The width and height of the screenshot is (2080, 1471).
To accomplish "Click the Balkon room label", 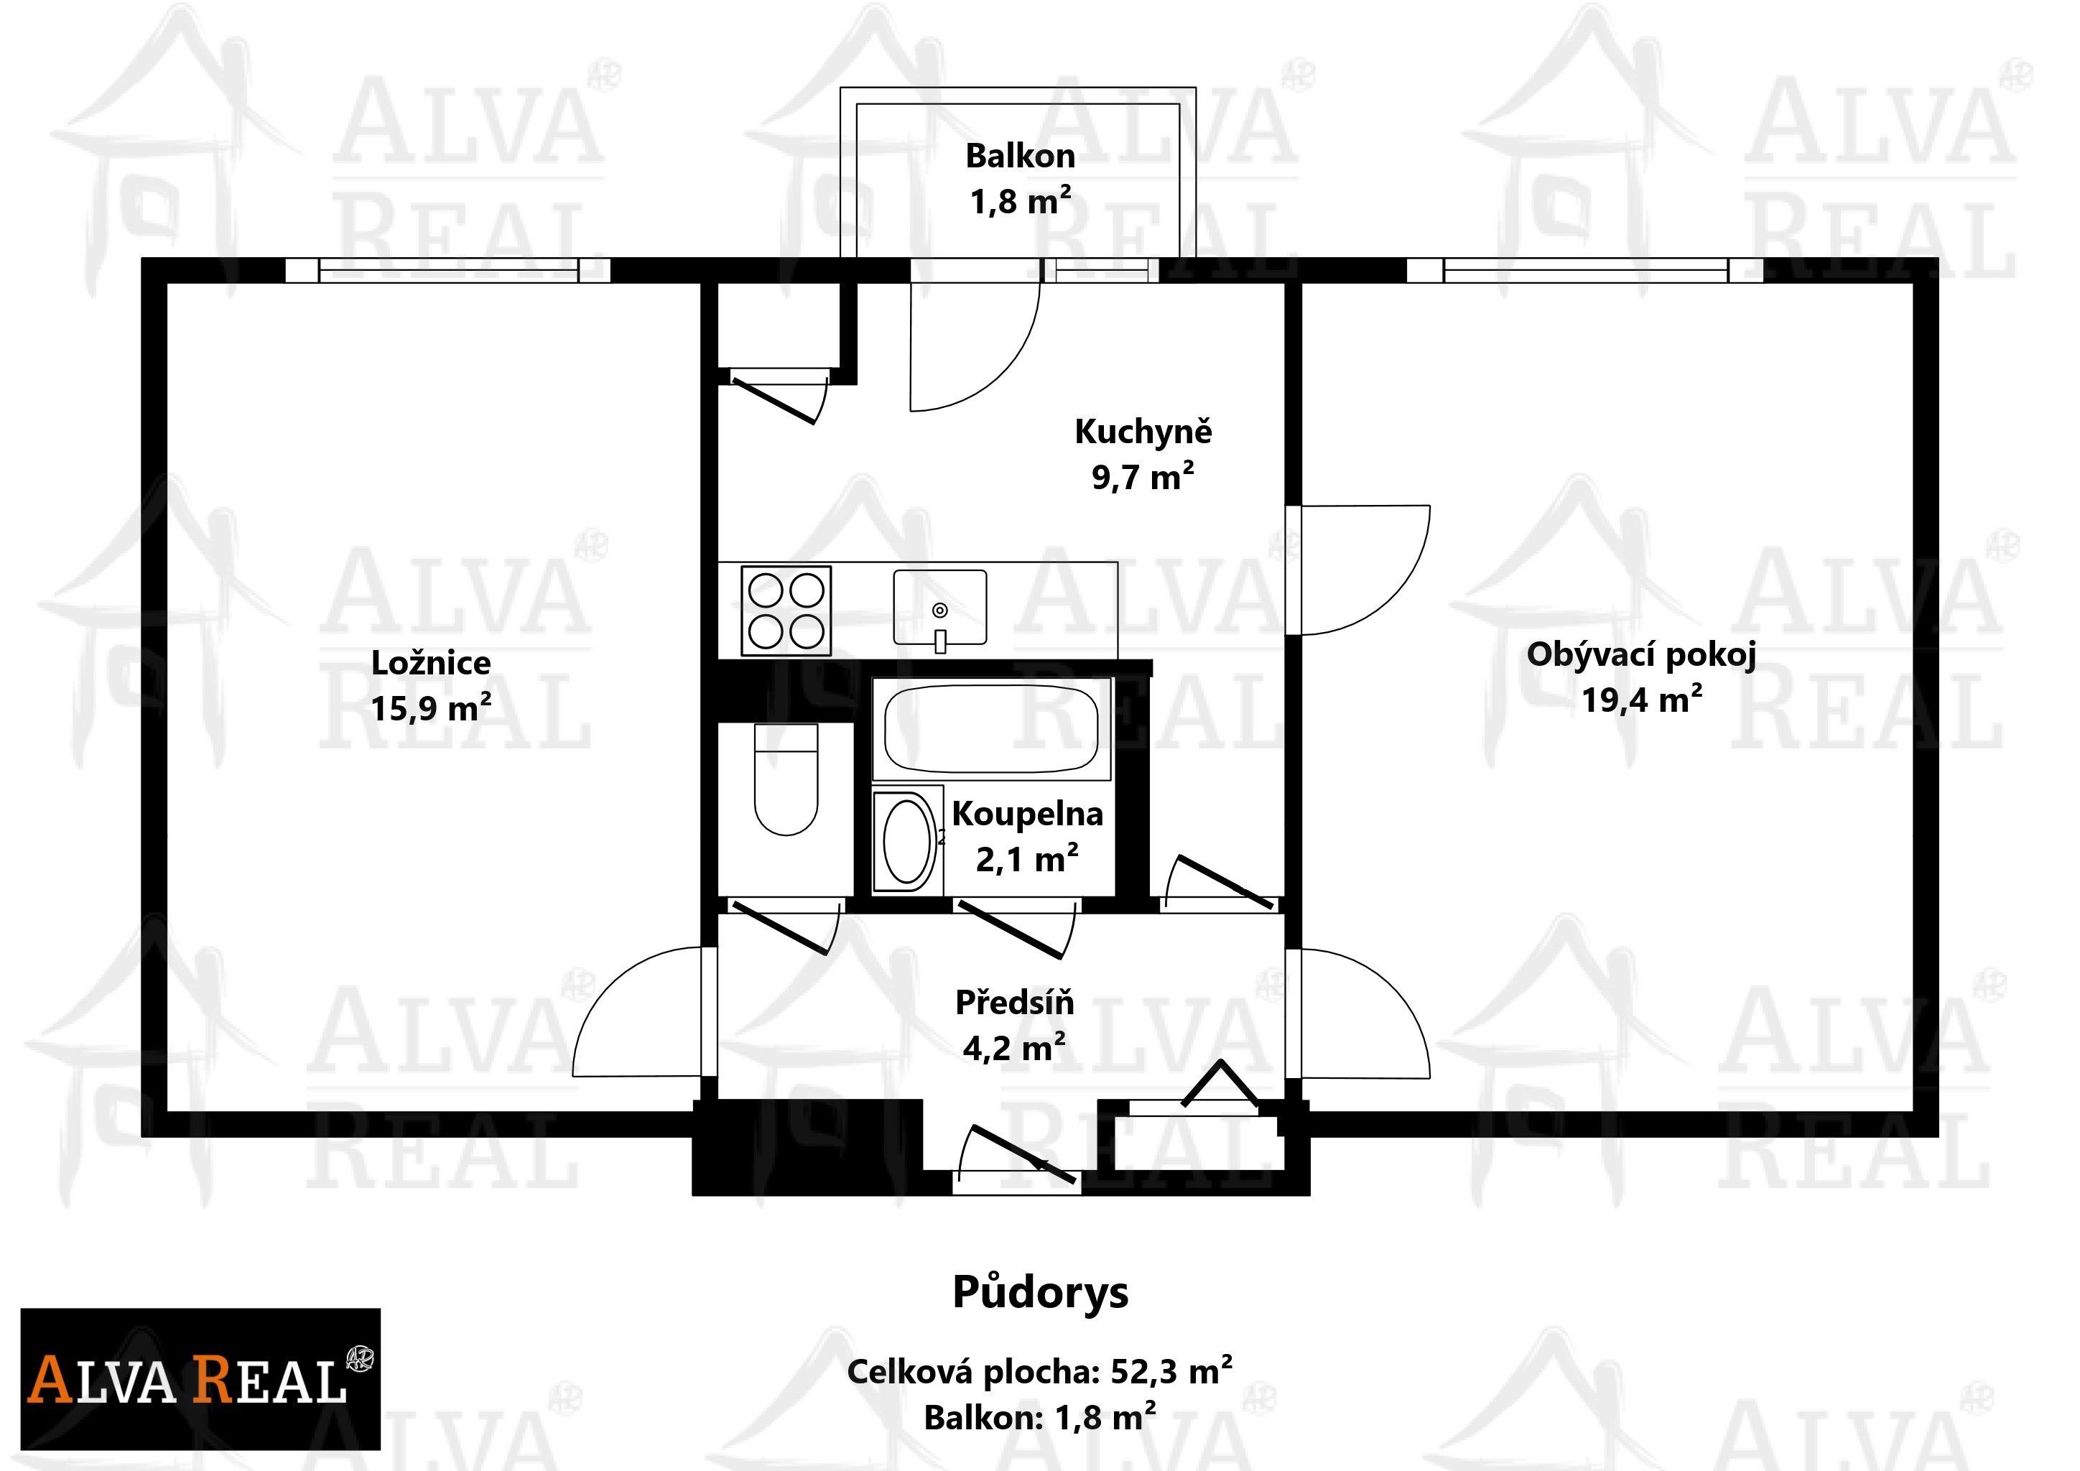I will coord(1020,156).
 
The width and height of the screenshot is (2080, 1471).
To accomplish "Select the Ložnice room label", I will coord(431,663).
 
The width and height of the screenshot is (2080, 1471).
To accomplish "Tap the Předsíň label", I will coord(1015,1003).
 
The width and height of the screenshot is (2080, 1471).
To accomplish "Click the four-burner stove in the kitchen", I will coord(786,610).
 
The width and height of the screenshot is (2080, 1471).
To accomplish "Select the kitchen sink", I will coord(939,608).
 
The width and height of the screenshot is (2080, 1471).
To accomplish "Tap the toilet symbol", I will coord(786,781).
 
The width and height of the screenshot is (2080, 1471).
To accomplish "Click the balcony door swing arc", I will coord(974,349).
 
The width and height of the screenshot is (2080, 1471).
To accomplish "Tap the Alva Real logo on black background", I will coord(200,1378).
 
